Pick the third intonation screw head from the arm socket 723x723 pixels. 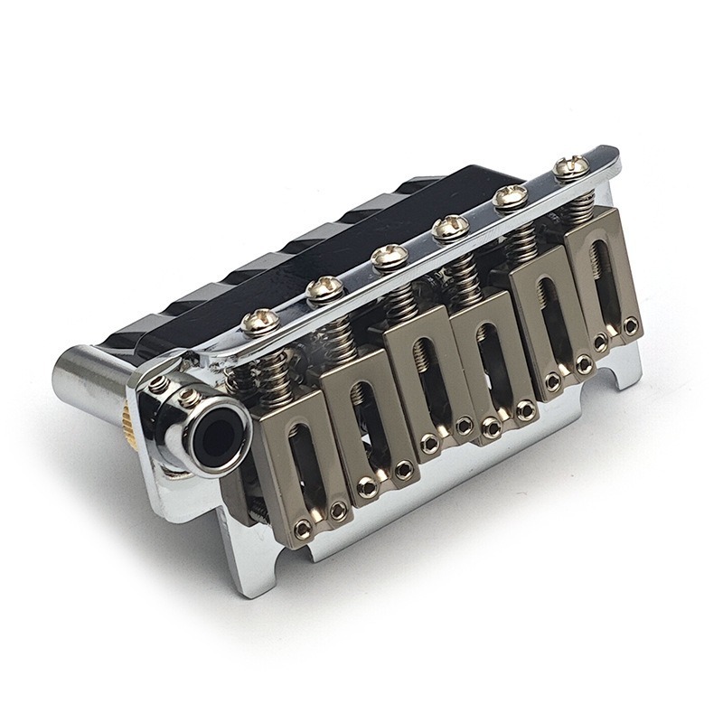coord(382,257)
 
